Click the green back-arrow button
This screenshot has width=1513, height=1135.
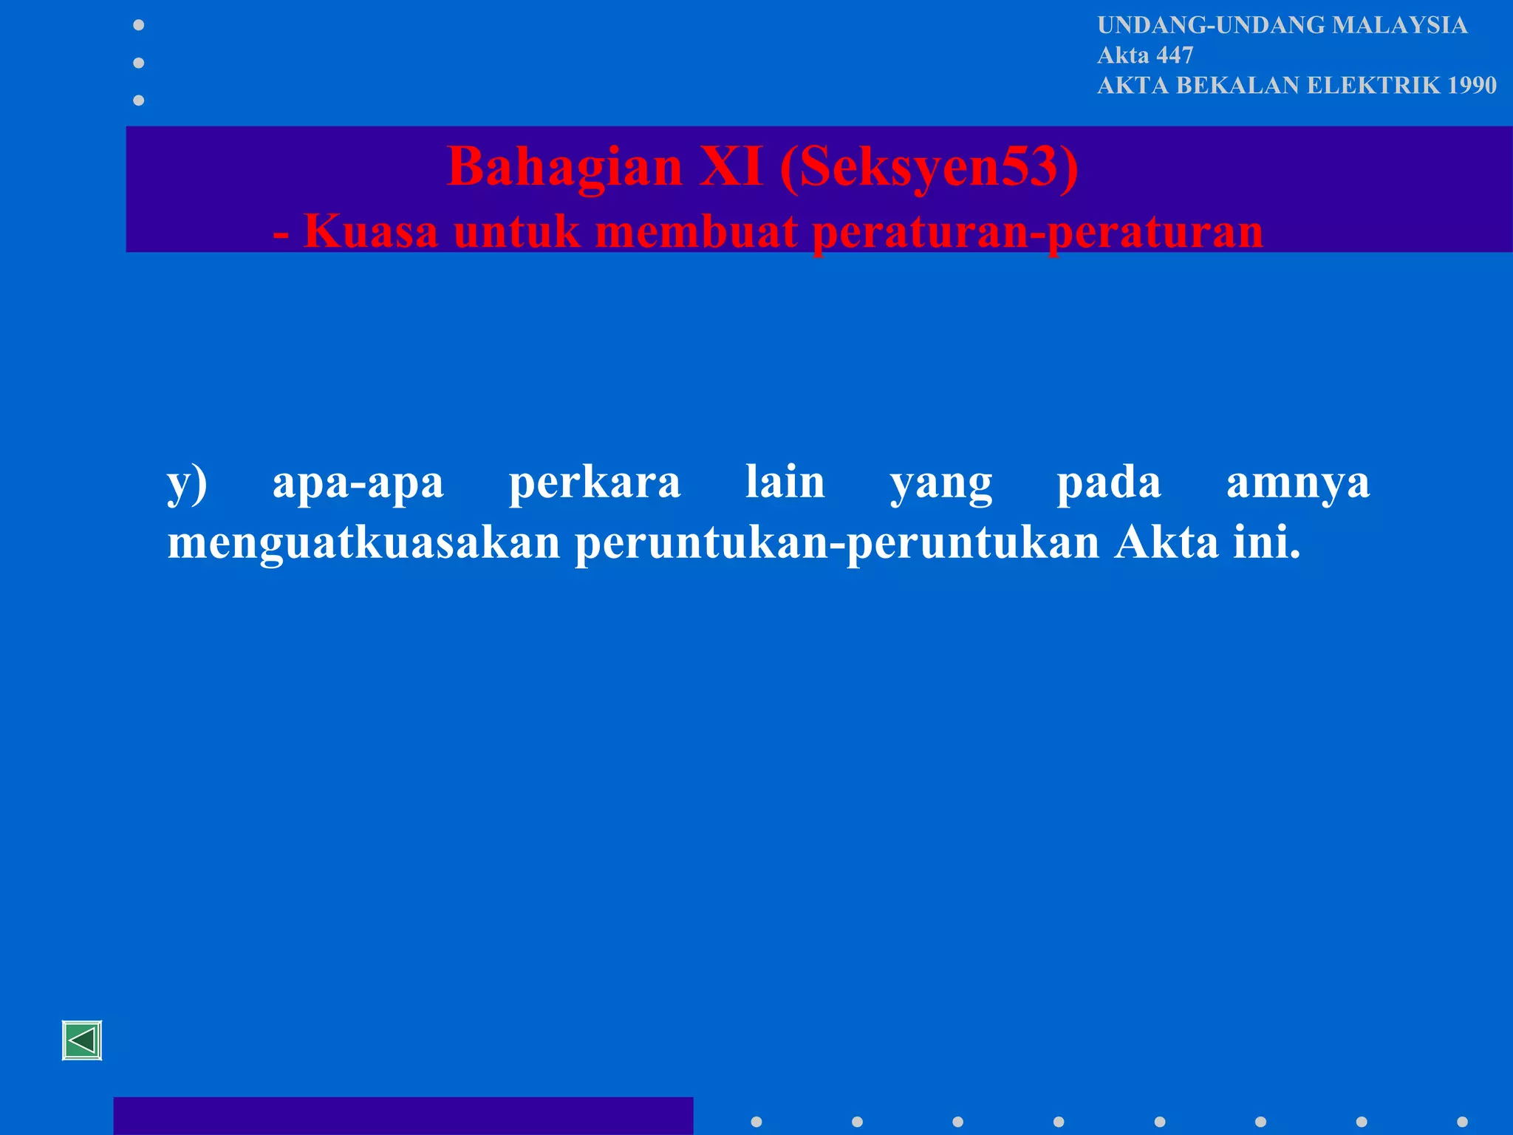[82, 1040]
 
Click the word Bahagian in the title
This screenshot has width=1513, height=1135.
[565, 167]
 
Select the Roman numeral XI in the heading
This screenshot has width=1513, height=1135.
[731, 166]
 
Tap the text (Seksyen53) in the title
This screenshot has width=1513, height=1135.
[929, 167]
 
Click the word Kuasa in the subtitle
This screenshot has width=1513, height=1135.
[371, 231]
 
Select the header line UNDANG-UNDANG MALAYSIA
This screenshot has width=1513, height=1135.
[1282, 25]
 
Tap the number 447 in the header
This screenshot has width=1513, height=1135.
[1175, 55]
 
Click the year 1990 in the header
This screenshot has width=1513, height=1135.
[1472, 86]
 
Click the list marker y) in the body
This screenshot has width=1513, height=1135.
[187, 483]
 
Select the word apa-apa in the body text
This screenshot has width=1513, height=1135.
[358, 485]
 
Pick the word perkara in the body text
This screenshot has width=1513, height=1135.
[595, 485]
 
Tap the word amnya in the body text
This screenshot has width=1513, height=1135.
[1298, 485]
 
